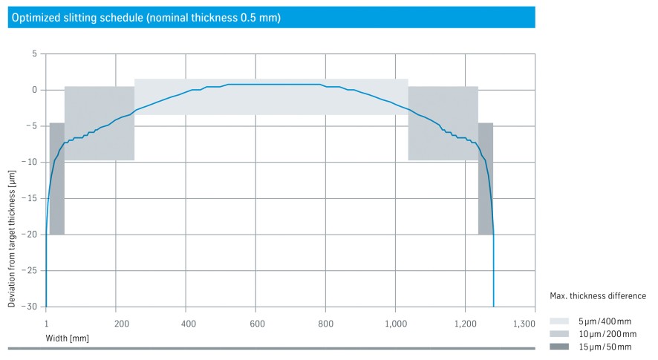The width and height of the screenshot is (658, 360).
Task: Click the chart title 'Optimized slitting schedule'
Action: (145, 17)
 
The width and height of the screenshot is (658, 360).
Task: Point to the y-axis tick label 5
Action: (34, 54)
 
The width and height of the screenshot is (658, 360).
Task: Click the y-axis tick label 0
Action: (34, 90)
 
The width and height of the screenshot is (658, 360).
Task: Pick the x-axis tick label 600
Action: (258, 324)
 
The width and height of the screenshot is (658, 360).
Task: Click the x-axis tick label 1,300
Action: (524, 324)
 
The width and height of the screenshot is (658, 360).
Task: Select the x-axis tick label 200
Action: (121, 324)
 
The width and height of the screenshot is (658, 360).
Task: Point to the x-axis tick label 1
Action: (46, 324)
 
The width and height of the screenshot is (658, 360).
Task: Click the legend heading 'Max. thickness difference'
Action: (597, 296)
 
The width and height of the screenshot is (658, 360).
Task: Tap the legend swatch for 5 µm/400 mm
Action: (560, 321)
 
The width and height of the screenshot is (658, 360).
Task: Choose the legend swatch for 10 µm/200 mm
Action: (560, 334)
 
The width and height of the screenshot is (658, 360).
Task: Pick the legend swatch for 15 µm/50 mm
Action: (560, 347)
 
